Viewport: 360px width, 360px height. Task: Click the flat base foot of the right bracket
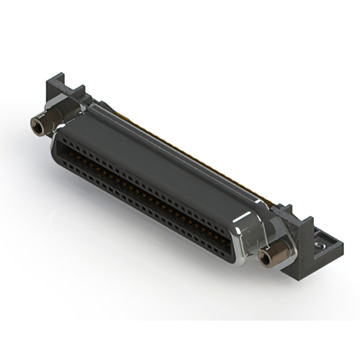pyautogui.click(x=326, y=247)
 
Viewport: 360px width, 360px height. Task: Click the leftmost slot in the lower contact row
pyautogui.click(x=61, y=155)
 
